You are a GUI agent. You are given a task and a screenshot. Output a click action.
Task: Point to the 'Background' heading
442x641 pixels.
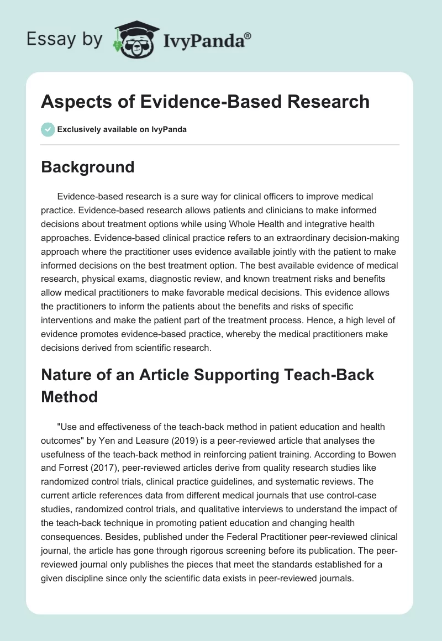pos(88,167)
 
